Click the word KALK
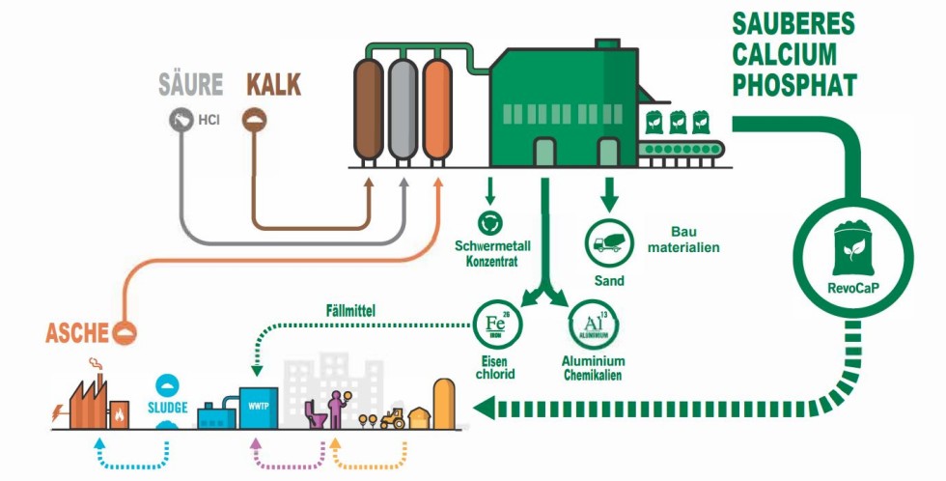pyautogui.click(x=274, y=84)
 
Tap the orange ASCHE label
pyautogui.click(x=78, y=334)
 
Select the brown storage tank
pyautogui.click(x=369, y=109)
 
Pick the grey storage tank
pyautogui.click(x=403, y=109)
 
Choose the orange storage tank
pyautogui.click(x=437, y=109)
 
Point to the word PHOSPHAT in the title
pyautogui.click(x=793, y=85)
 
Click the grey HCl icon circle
pyautogui.click(x=179, y=119)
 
